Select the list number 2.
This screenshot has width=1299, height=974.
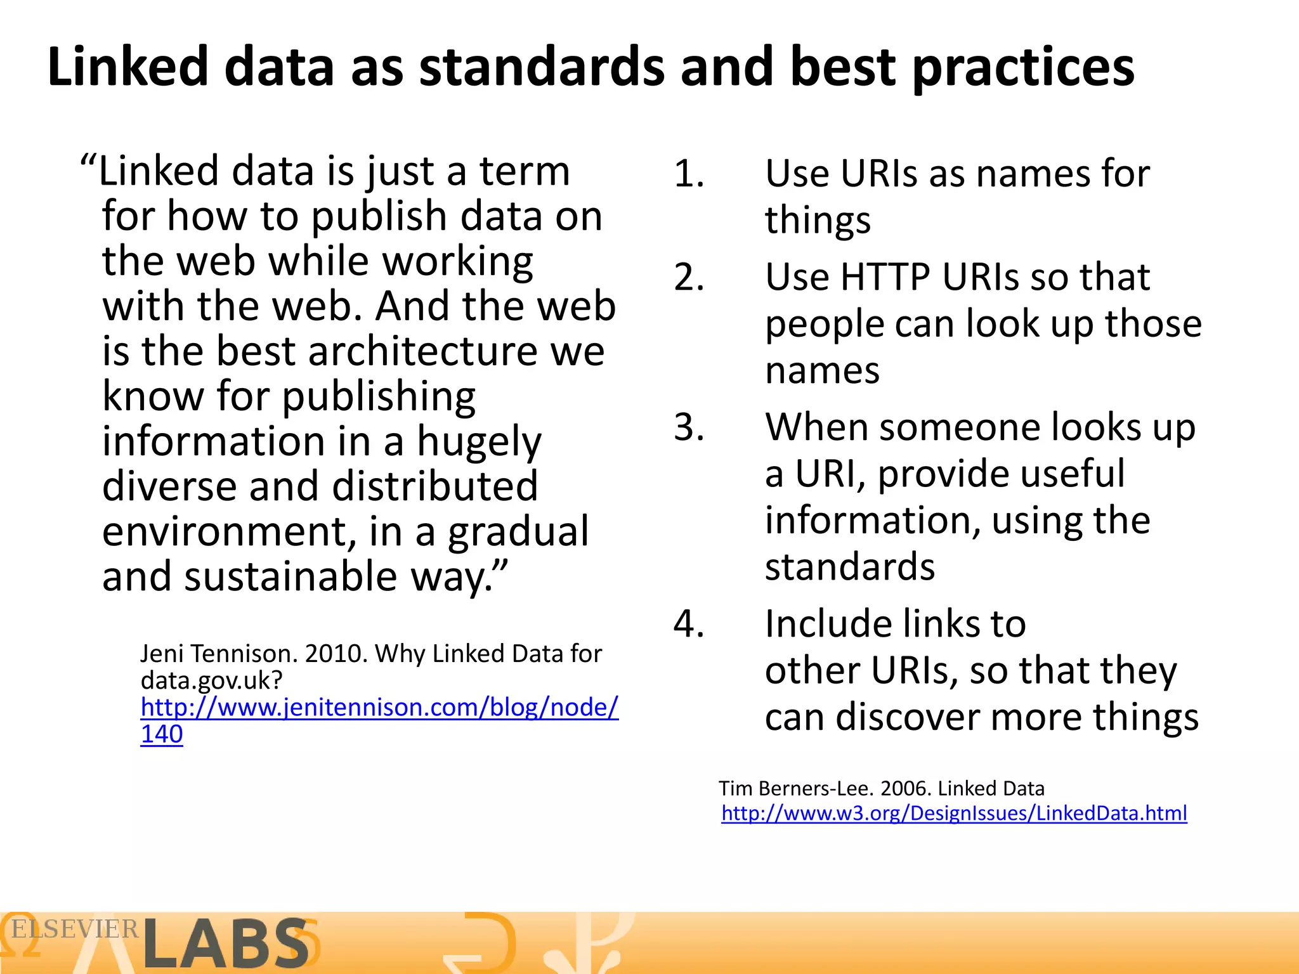coord(689,277)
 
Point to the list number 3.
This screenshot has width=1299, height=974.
coord(689,427)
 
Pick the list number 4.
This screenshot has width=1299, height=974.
coord(689,623)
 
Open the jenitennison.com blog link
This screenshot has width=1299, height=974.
coord(379,707)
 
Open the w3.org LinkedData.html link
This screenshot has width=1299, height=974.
coord(954,813)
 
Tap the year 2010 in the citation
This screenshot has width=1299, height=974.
coord(334,653)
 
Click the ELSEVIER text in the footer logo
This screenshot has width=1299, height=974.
coord(75,929)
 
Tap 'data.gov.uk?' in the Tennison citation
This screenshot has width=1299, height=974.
coord(211,680)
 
